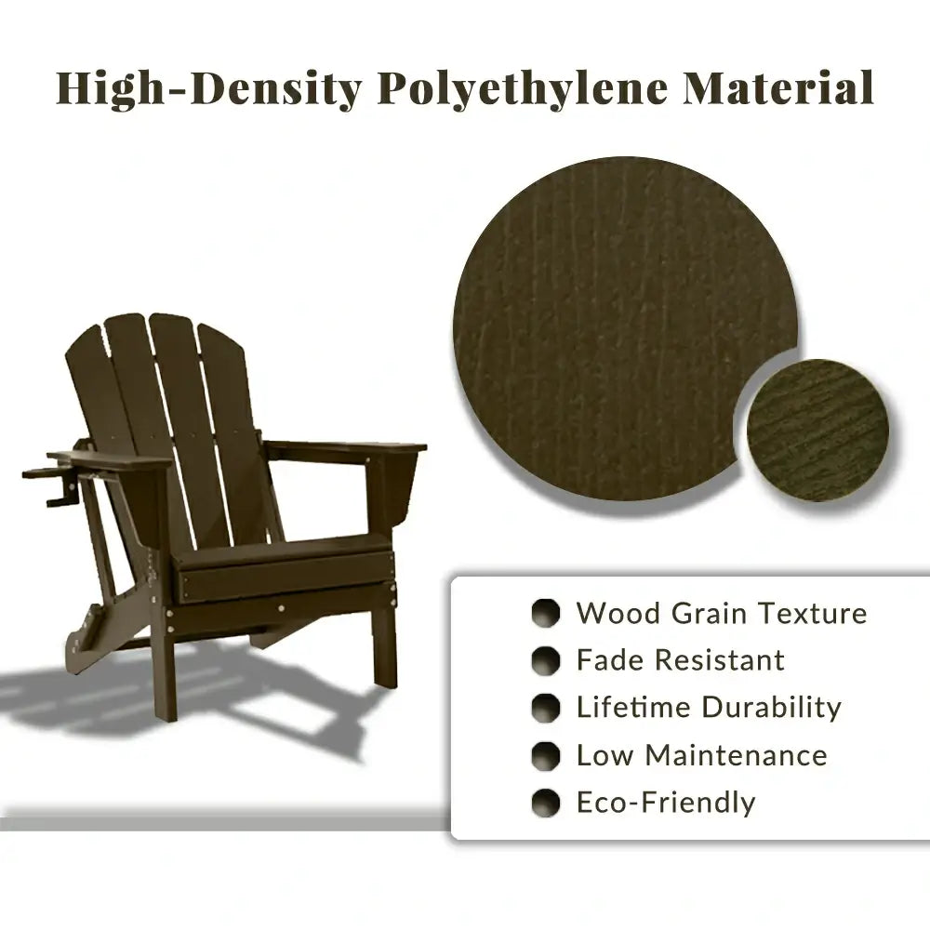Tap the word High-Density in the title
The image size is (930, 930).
coord(207,89)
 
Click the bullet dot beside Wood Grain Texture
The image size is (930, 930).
coord(546,614)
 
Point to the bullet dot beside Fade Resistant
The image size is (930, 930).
coord(546,661)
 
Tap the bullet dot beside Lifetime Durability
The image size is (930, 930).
coord(546,709)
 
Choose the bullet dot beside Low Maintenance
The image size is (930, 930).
coord(546,756)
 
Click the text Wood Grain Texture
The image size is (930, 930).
coord(721,614)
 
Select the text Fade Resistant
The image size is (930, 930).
coord(680,660)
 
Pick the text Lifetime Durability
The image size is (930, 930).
coord(709,708)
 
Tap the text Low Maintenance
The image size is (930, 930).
coord(701,755)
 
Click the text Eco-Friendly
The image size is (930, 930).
coord(666,803)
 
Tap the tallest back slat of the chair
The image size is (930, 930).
coord(177,409)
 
